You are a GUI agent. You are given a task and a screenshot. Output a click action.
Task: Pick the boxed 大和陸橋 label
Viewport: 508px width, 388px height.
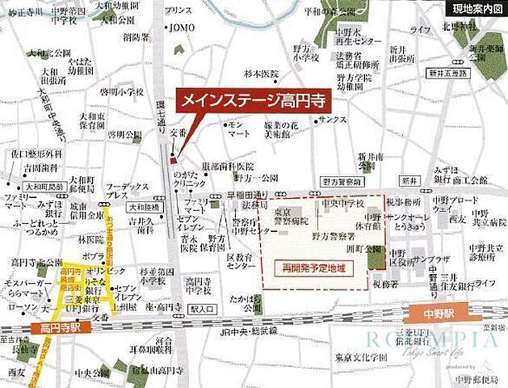143,207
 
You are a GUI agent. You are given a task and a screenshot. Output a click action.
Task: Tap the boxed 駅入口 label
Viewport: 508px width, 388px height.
198,309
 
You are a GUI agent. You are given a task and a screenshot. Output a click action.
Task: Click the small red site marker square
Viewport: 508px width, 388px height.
173,160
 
